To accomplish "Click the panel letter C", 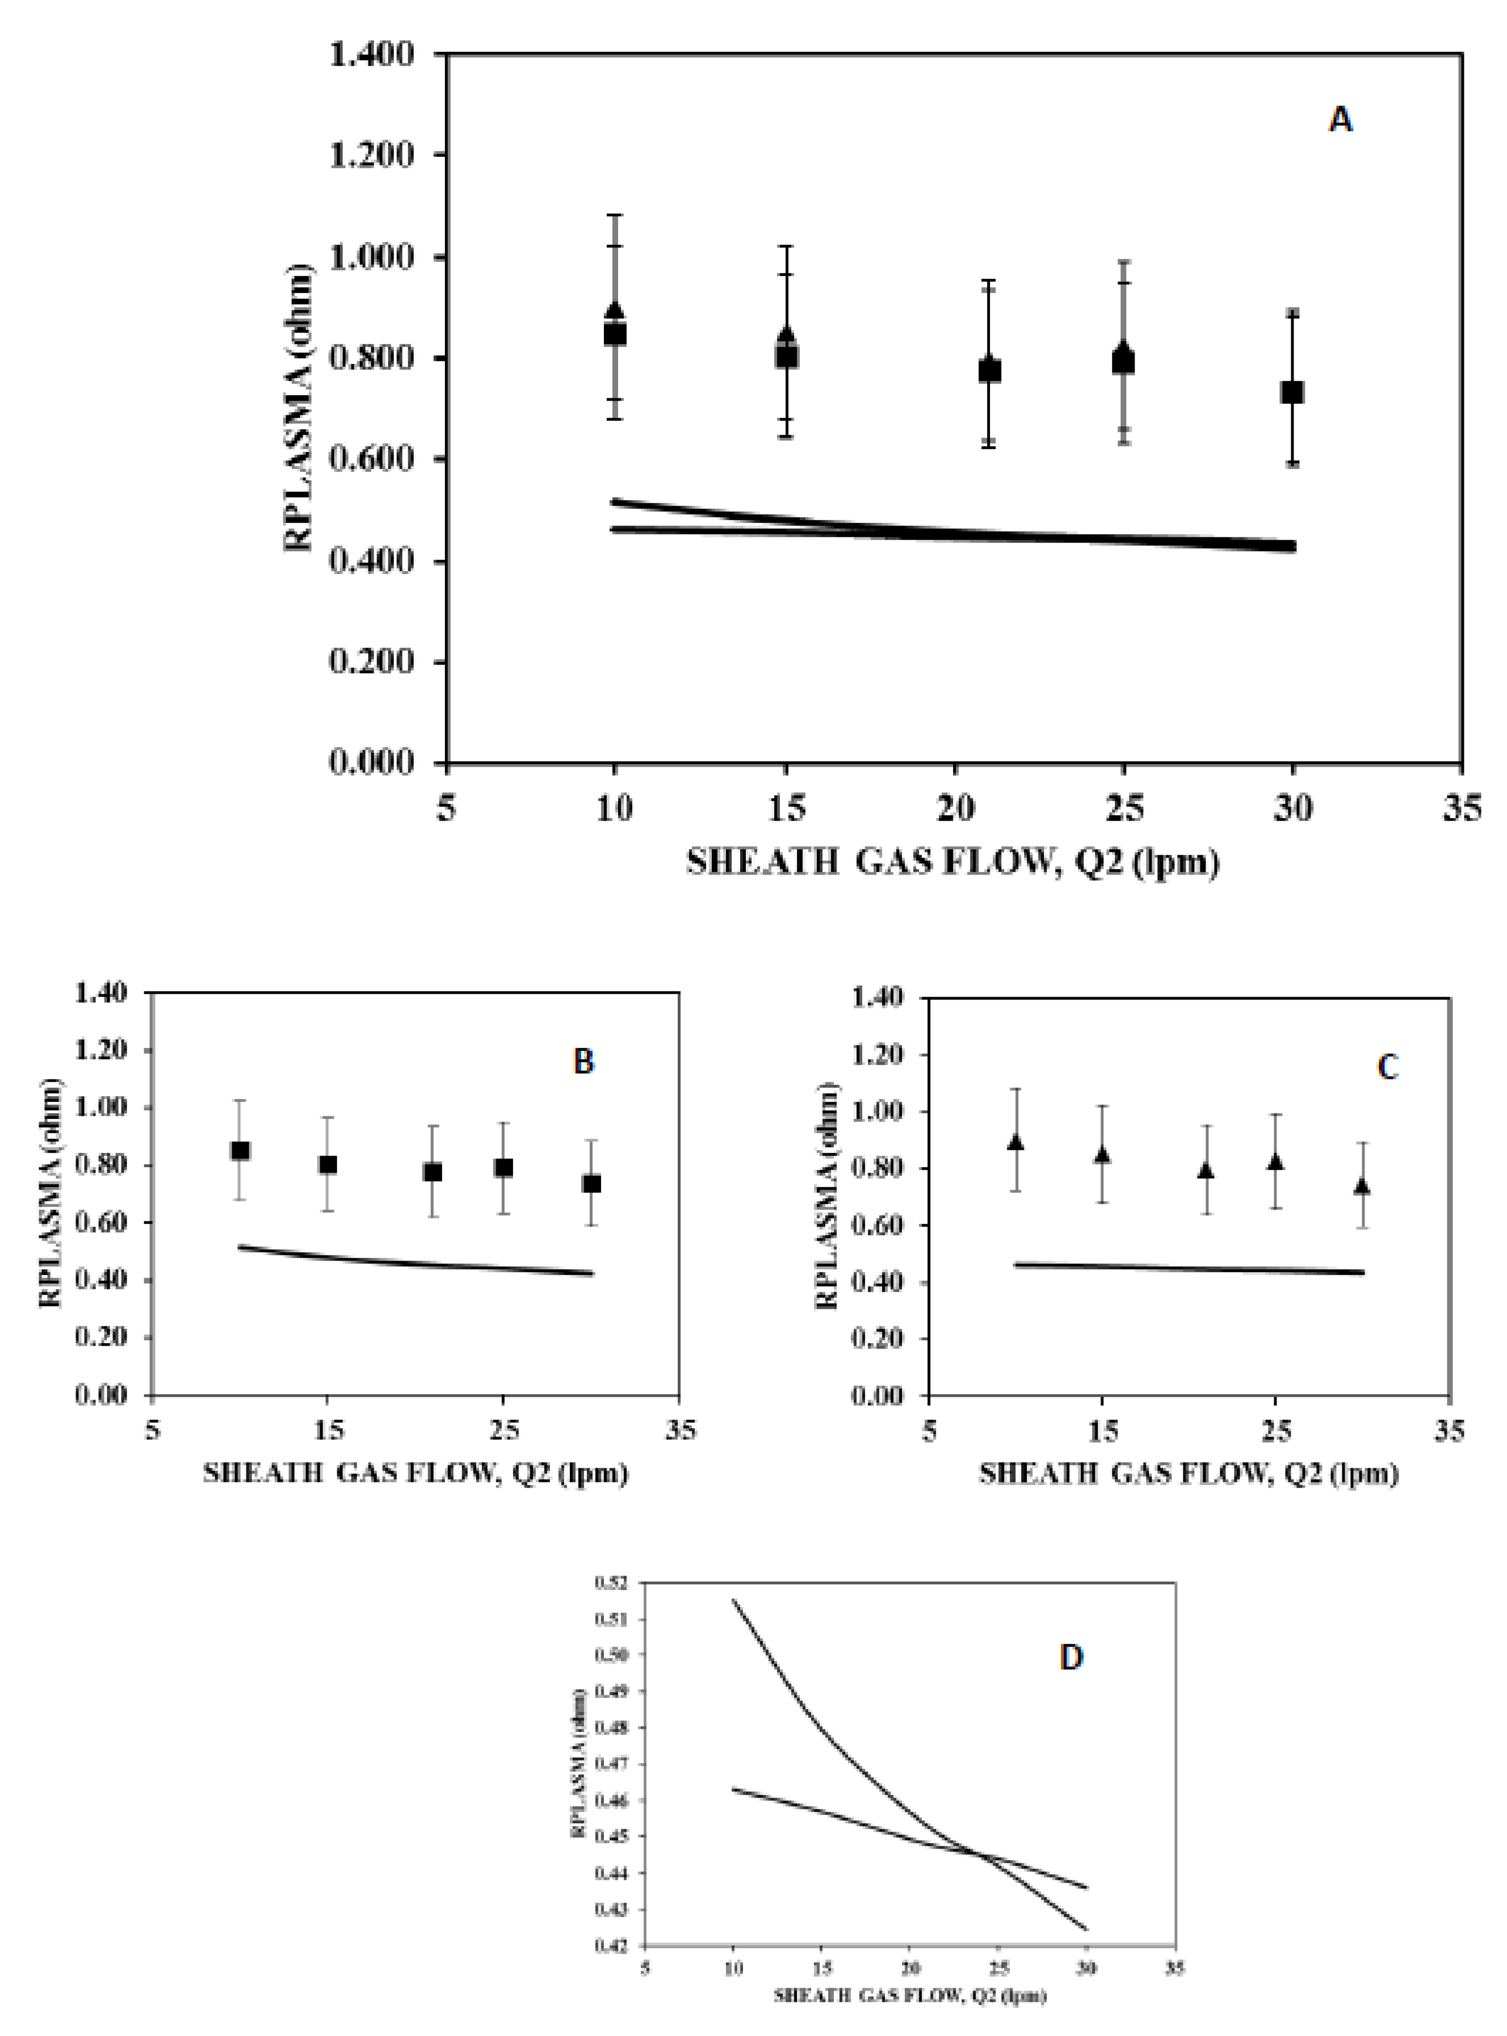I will tap(1387, 1067).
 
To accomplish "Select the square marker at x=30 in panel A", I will tap(1292, 392).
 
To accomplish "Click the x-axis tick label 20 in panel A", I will tap(954, 808).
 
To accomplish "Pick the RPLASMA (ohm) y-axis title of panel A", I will tap(299, 407).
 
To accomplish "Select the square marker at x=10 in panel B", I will tap(240, 1151).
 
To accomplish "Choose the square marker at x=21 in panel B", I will tap(433, 1172).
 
